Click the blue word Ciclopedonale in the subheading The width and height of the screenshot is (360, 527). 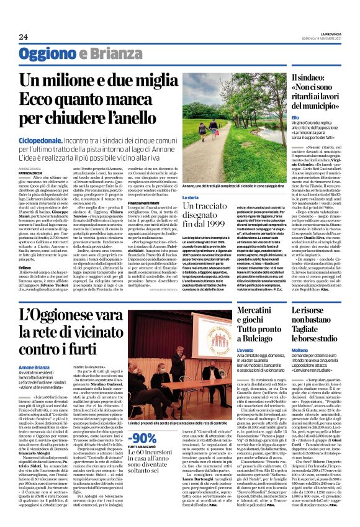pos(40,142)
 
